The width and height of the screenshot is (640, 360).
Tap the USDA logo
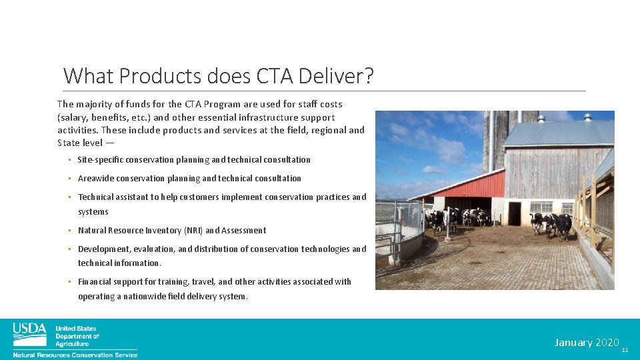(30, 334)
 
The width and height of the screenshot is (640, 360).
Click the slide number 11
(625, 350)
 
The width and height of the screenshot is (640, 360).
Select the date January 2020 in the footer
(587, 342)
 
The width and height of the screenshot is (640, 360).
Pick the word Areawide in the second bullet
(96, 179)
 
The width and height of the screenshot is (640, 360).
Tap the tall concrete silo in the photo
(494, 140)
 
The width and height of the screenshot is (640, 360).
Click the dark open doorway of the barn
(514, 213)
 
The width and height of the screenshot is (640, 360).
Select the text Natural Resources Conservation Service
(75, 355)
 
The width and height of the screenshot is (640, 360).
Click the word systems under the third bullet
(93, 212)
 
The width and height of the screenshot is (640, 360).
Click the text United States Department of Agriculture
(77, 336)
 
